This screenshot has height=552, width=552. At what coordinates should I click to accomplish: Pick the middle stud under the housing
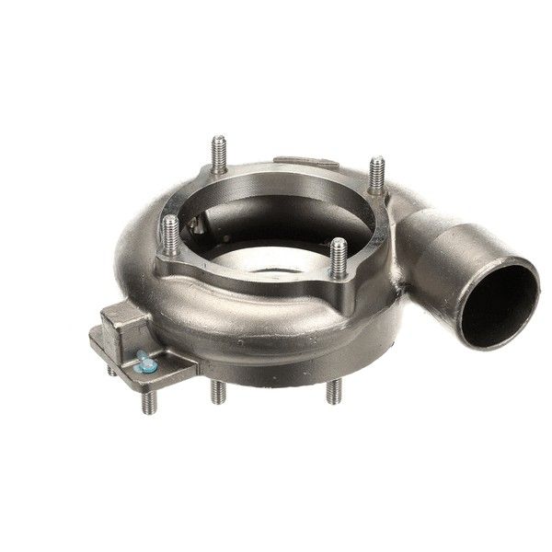(218, 390)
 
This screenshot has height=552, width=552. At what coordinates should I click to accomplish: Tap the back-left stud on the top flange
(218, 155)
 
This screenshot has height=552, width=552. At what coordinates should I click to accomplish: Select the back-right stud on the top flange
(376, 176)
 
